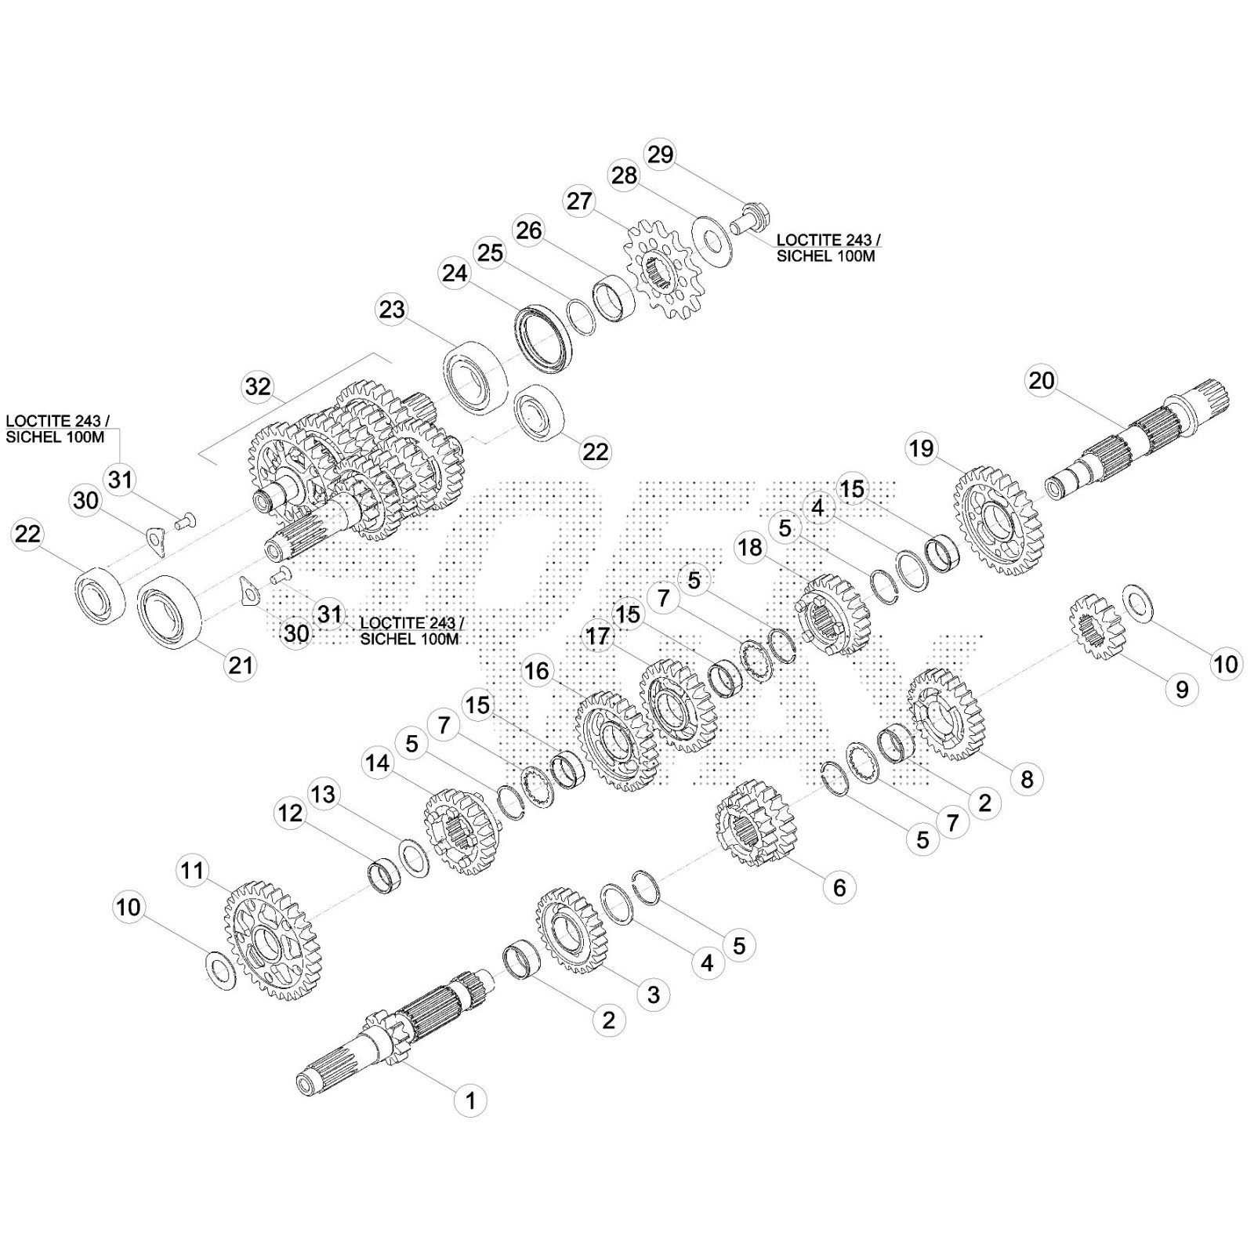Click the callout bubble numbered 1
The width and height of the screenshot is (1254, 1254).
(470, 1100)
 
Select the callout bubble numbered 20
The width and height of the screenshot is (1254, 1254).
(1042, 381)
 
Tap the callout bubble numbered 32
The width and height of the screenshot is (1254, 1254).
(258, 386)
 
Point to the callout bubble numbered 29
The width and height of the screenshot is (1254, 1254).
(661, 154)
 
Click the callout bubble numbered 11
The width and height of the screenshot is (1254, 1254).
(192, 871)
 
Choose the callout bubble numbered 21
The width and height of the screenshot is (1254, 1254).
(240, 665)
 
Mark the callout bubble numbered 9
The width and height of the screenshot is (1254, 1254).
(1182, 690)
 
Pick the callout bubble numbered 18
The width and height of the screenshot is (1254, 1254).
(750, 547)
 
